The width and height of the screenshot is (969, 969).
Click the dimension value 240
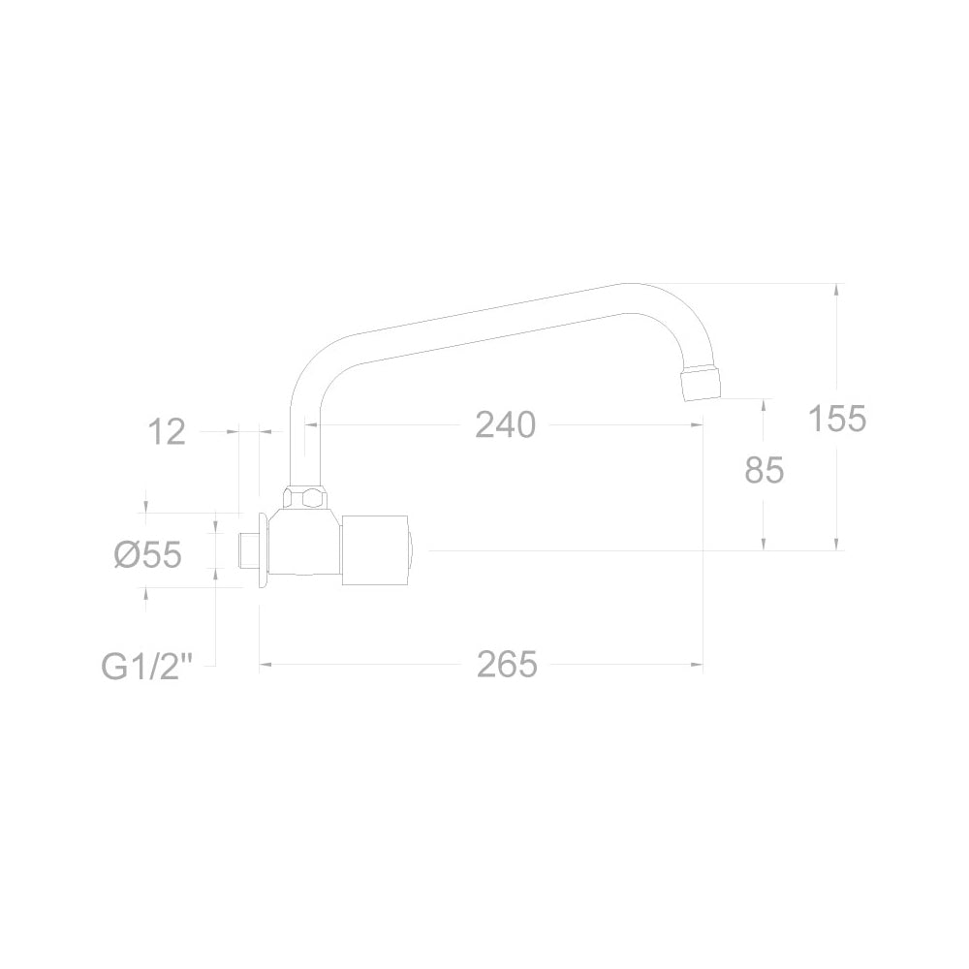505,425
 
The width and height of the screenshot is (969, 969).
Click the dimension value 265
507,665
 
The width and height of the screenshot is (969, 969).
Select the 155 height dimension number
837,419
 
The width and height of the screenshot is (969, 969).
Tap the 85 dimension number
764,470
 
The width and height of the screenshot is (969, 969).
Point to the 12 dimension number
167,431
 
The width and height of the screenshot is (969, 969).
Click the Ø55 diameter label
148,554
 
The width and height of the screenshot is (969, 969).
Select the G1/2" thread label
147,667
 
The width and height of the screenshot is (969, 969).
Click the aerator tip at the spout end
701,383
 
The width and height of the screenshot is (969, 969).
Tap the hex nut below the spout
305,497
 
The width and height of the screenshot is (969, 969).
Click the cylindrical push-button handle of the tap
376,550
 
